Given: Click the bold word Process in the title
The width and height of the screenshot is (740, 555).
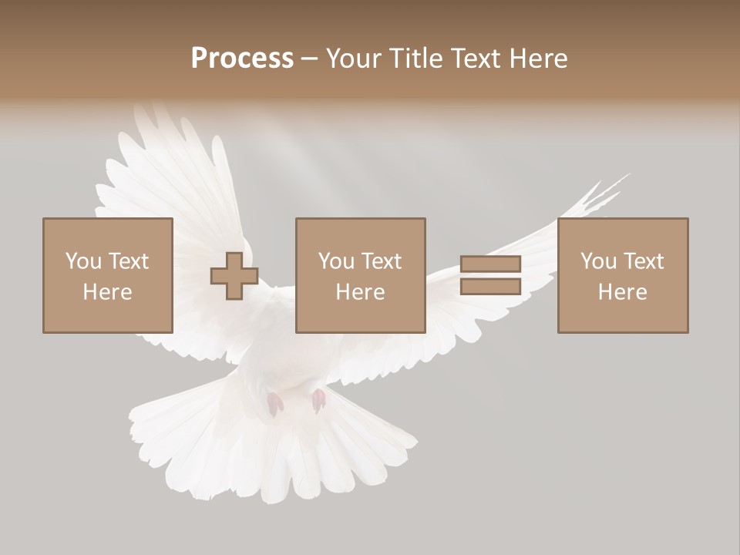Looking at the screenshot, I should pos(242,59).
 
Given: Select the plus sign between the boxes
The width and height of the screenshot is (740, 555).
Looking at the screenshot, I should pos(234,276).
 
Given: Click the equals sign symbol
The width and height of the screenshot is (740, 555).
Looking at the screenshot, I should pos(490,276).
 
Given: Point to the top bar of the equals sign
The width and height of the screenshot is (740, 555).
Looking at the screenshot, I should pos(490,264).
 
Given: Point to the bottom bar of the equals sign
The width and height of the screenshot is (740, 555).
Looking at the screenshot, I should pos(490,287).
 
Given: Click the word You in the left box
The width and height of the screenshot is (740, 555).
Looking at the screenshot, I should pos(83,261).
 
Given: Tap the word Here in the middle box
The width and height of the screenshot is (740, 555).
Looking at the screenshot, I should pos(360,292).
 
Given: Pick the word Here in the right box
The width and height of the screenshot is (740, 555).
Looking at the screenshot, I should pos(622,292).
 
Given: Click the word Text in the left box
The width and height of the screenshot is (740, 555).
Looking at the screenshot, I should pos(127,261).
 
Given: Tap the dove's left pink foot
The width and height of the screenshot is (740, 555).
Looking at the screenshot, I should pos(274,404).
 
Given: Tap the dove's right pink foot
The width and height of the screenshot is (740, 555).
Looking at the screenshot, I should pos(318,400).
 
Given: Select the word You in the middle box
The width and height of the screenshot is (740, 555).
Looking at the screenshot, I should pos(336,261).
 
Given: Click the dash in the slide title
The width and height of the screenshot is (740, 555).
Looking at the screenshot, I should pos(309,59).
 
